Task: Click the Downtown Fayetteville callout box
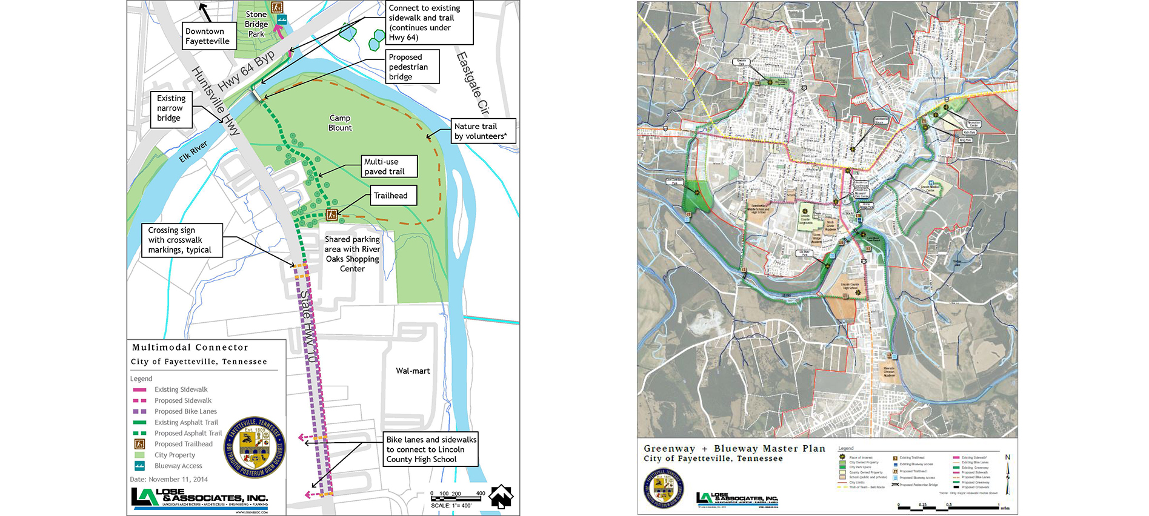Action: [x=207, y=36]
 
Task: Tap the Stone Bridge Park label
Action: [x=256, y=24]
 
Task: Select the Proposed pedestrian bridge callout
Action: [x=412, y=67]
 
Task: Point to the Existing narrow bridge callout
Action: [x=171, y=108]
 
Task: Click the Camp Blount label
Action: [x=340, y=123]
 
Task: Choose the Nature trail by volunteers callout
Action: [x=483, y=131]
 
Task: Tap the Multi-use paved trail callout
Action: [x=389, y=167]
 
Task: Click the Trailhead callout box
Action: [x=393, y=196]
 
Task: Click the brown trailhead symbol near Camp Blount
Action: [x=331, y=214]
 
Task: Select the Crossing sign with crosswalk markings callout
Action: [x=181, y=240]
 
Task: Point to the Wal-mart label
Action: [x=413, y=371]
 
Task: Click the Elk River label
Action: [x=193, y=152]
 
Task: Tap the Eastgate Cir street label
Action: [x=472, y=83]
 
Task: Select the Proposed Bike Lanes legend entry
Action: [x=185, y=411]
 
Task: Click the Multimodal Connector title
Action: [x=190, y=348]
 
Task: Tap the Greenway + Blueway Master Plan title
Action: [x=734, y=449]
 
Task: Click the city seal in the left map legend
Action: [x=255, y=447]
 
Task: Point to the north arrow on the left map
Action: [x=501, y=497]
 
